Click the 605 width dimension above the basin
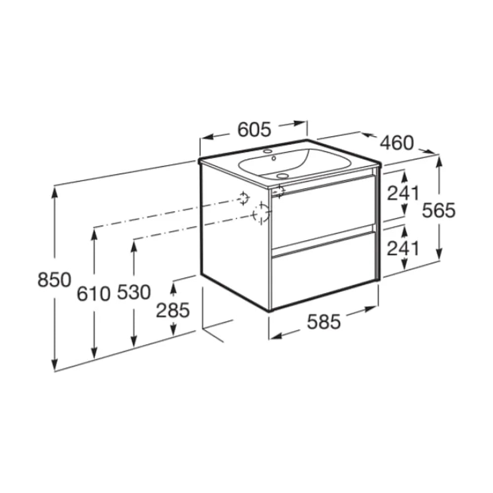tap(254, 130)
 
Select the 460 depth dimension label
tap(397, 143)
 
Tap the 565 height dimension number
tap(438, 211)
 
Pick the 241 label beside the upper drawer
tap(403, 193)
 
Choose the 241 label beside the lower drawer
tap(403, 248)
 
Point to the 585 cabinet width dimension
tap(324, 321)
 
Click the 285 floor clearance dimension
tap(173, 310)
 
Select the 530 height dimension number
tap(134, 292)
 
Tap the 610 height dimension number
tap(94, 294)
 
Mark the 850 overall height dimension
tap(54, 280)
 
